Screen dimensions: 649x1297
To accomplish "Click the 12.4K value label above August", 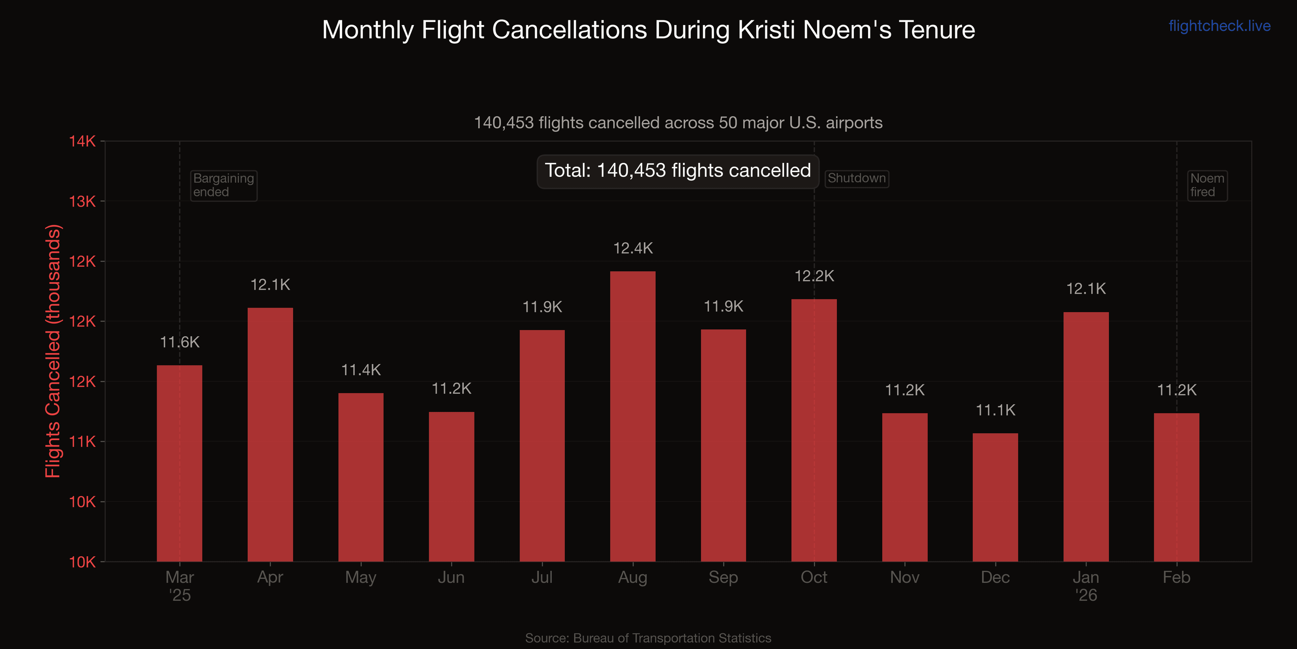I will click(x=633, y=248).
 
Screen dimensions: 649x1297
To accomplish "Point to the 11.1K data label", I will click(x=995, y=410).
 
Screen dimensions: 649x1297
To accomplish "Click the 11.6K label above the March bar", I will click(x=180, y=343).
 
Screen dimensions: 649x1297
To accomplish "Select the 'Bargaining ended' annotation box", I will click(x=224, y=186).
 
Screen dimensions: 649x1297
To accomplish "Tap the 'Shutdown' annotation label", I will click(x=857, y=178).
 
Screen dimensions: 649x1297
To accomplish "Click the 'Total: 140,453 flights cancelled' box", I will click(x=678, y=171).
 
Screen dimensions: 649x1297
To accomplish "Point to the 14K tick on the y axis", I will click(x=82, y=141).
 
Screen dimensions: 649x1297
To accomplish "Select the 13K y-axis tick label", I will click(x=82, y=201).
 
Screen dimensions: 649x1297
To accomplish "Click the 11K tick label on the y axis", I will click(x=82, y=442).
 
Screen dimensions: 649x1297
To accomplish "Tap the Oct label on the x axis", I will click(x=814, y=577).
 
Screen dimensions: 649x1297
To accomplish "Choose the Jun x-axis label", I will click(x=451, y=577).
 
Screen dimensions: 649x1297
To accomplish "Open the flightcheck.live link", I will click(x=1219, y=26).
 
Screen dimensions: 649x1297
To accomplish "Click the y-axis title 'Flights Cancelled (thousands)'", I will click(x=53, y=351).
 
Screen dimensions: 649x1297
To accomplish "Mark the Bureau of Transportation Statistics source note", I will click(x=648, y=638).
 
